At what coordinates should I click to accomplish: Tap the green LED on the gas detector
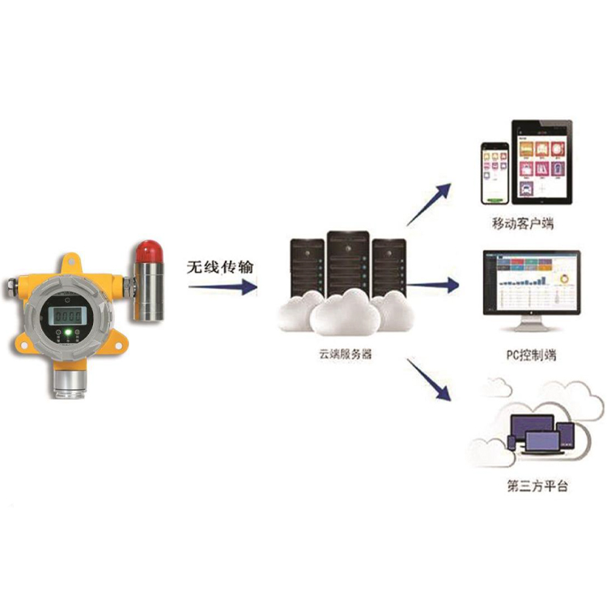click(68, 332)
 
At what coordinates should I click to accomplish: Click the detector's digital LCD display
click(66, 315)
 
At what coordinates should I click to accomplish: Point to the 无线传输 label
click(219, 265)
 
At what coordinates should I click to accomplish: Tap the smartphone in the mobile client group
click(495, 174)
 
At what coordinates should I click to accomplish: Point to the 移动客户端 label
click(527, 223)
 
